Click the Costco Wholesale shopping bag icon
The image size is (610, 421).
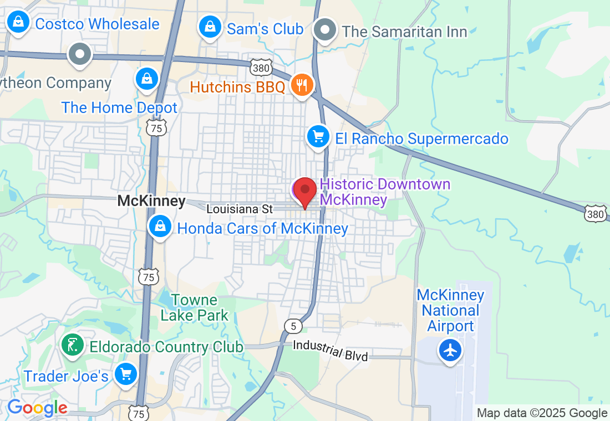point(18,23)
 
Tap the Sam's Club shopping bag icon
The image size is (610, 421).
point(210,27)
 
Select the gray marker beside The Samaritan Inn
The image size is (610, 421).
point(325,30)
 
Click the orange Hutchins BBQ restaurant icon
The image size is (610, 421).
point(302,85)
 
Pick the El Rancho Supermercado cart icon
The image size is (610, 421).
point(318,136)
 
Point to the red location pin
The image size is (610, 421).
point(304,193)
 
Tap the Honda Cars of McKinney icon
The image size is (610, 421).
point(160,227)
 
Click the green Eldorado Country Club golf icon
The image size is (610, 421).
point(73,345)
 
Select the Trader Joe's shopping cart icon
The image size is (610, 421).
point(125,374)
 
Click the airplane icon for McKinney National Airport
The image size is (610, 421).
point(450,350)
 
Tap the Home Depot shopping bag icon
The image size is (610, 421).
point(147,79)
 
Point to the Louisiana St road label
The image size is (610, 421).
point(240,209)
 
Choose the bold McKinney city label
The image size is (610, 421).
point(151,201)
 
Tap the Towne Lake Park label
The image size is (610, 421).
point(194,308)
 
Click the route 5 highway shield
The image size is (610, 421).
point(293,326)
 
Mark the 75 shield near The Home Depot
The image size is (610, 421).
point(156,128)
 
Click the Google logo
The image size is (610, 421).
point(37,408)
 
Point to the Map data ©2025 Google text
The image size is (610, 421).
point(542,413)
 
